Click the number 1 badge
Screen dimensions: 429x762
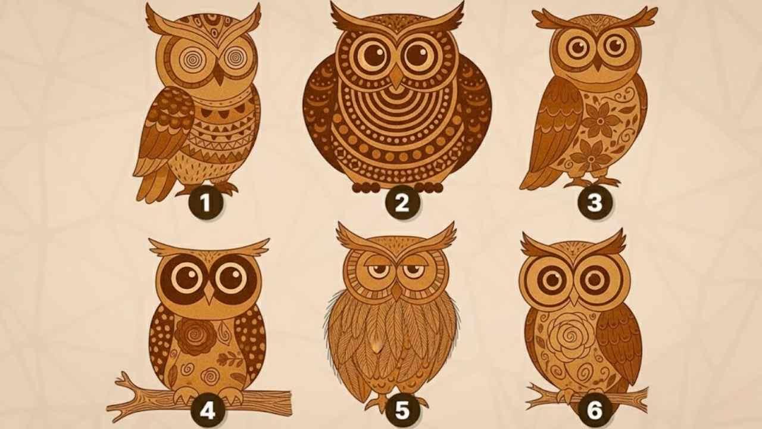pyautogui.click(x=205, y=203)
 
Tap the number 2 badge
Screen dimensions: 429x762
pyautogui.click(x=402, y=203)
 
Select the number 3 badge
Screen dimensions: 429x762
pyautogui.click(x=595, y=203)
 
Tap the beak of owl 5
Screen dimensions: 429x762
pyautogui.click(x=396, y=291)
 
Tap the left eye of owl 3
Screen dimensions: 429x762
pyautogui.click(x=576, y=47)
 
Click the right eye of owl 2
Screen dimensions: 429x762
pyautogui.click(x=420, y=55)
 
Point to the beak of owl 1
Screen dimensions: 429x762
pyautogui.click(x=219, y=75)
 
